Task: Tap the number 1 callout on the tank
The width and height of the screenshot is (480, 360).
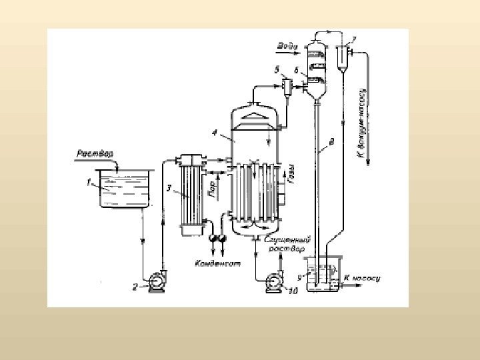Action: [88, 180]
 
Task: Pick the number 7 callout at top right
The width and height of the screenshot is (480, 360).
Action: [353, 39]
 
